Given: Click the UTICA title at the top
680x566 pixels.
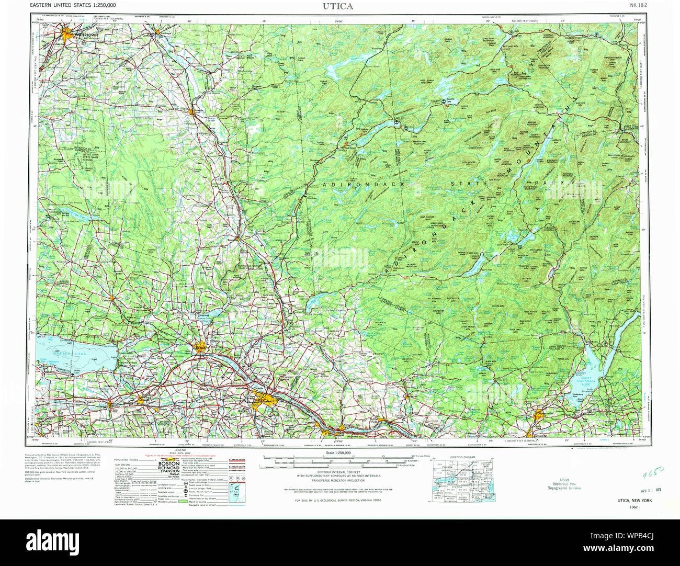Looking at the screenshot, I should [x=338, y=6].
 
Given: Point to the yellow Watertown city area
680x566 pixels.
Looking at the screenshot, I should [x=69, y=35].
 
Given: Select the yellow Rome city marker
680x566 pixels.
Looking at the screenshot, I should [x=200, y=348].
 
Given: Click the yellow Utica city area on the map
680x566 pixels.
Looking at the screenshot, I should [x=262, y=402].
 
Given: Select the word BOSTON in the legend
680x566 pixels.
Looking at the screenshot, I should [x=169, y=463].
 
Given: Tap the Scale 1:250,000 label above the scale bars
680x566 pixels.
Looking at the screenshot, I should [x=338, y=453].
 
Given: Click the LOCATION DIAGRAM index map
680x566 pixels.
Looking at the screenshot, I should [x=462, y=477].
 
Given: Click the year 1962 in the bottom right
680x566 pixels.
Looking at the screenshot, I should [x=633, y=507].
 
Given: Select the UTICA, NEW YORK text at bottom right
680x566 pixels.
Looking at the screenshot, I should [x=633, y=501].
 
